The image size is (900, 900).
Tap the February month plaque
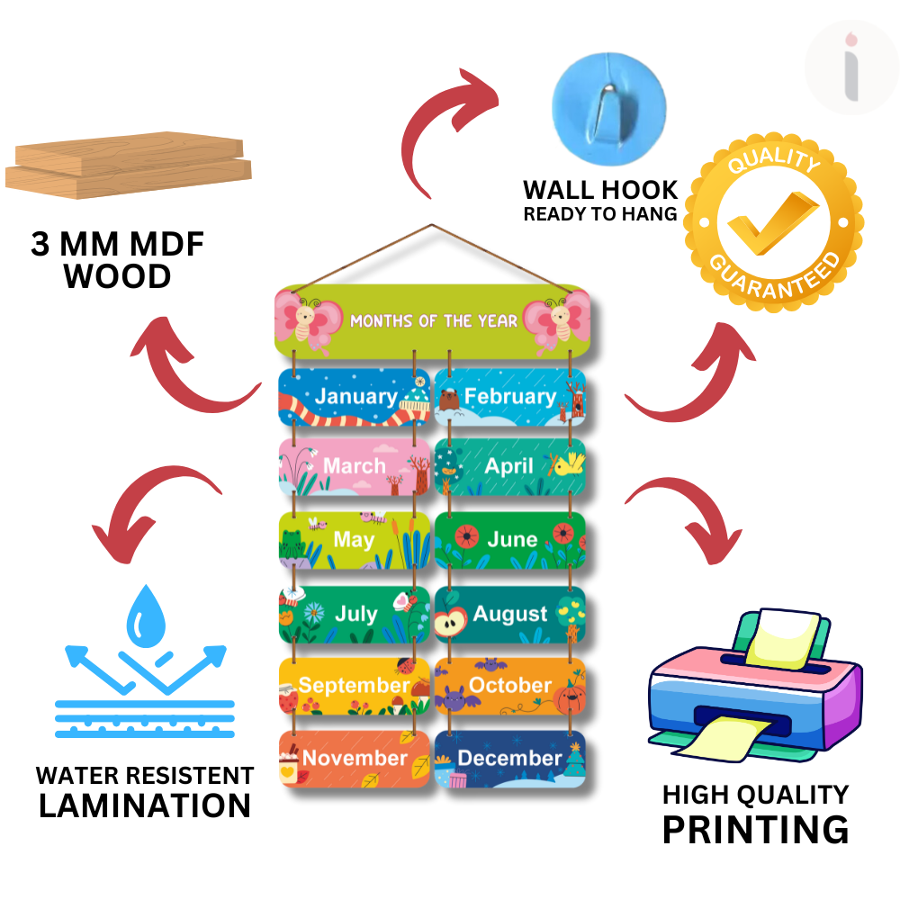[510, 397]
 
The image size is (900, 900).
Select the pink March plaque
[354, 466]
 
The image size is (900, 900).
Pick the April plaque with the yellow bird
[510, 466]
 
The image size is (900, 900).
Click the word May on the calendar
[353, 539]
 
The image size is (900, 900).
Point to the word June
[512, 539]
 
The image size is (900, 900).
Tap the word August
[510, 614]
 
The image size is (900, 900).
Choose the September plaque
[354, 686]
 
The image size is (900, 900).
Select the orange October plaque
[510, 686]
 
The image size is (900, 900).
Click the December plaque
[510, 759]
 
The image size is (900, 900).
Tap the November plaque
[354, 759]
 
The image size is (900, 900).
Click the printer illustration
[754, 684]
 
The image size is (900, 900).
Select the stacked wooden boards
[129, 166]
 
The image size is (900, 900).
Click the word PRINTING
[755, 829]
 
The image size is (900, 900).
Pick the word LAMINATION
[144, 805]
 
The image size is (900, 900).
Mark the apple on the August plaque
[451, 620]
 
